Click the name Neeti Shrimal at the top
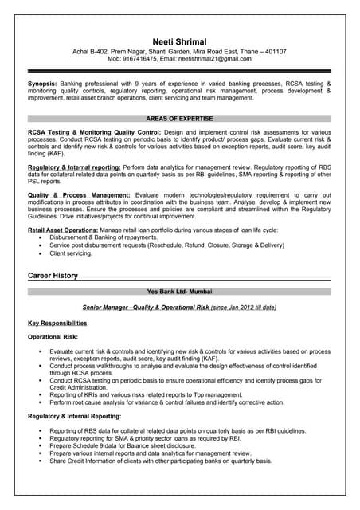coord(180,41)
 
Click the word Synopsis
coord(41,83)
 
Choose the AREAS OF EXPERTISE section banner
coord(180,118)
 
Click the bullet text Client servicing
coord(71,253)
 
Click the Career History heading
coord(53,276)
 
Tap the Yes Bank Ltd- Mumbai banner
coord(180,292)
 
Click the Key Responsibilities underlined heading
coord(57,324)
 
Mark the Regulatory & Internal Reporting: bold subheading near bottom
coord(74,417)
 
